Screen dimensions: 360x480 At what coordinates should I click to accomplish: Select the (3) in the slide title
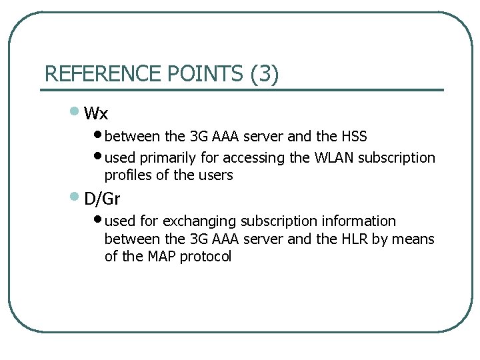pyautogui.click(x=265, y=73)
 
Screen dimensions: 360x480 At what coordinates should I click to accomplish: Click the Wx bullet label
pyautogui.click(x=97, y=113)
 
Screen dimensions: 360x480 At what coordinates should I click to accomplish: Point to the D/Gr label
pyautogui.click(x=102, y=199)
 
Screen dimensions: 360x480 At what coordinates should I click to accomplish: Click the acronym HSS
pyautogui.click(x=354, y=137)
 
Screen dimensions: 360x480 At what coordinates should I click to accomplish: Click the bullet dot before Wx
pyautogui.click(x=75, y=111)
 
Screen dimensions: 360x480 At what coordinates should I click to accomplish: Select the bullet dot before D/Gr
pyautogui.click(x=75, y=197)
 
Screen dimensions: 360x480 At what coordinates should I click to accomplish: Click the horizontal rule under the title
pyautogui.click(x=243, y=89)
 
